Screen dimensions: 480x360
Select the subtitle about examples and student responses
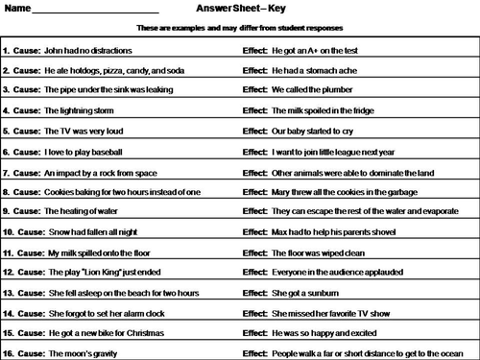[x=240, y=28]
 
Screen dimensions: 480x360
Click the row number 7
[x=6, y=176]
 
